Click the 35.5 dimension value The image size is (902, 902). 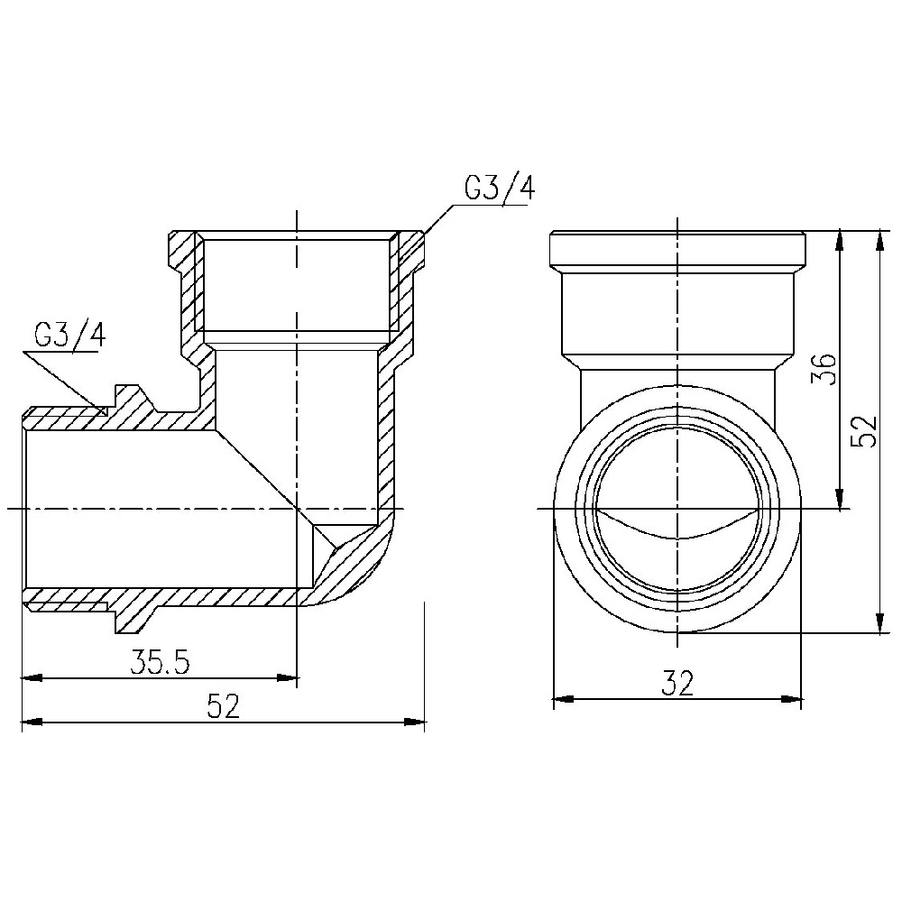[160, 662]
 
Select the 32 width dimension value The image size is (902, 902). [677, 684]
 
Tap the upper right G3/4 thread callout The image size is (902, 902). [500, 189]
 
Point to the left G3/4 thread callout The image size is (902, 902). [70, 336]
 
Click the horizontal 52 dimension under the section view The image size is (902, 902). [223, 706]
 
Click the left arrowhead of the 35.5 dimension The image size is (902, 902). [32, 678]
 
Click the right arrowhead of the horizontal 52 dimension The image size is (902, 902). [414, 722]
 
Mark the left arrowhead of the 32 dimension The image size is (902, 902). [564, 700]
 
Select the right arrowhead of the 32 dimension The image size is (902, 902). [791, 700]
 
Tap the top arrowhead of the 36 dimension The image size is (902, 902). [840, 241]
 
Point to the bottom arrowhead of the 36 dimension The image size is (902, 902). [840, 498]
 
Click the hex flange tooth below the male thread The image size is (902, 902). [135, 621]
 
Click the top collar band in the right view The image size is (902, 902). [677, 252]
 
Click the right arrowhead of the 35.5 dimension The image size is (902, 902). [288, 678]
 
